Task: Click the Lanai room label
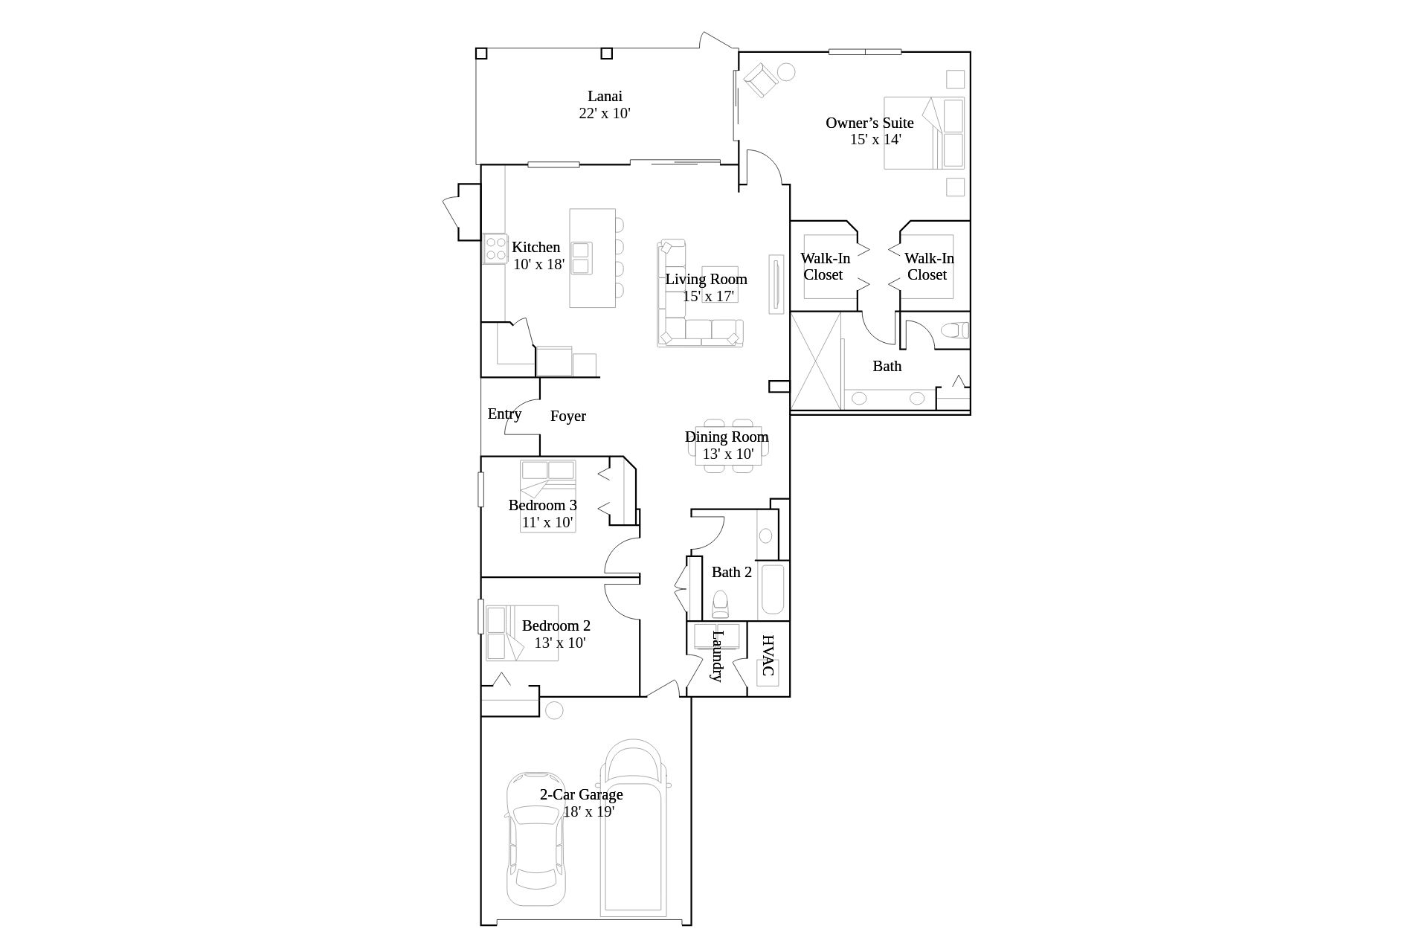(605, 96)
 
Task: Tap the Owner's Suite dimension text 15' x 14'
(875, 139)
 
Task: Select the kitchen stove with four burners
(495, 248)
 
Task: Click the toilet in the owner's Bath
(955, 329)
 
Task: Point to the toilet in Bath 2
(720, 605)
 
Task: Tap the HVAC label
(768, 655)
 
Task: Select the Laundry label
(717, 656)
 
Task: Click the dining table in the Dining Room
(728, 446)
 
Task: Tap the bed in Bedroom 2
(521, 633)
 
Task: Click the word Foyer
(568, 416)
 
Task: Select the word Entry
(504, 414)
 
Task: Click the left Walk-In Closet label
(825, 266)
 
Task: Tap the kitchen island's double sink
(581, 257)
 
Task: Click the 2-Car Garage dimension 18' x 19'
(588, 811)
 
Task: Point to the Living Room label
(706, 279)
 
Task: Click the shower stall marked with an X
(816, 361)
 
